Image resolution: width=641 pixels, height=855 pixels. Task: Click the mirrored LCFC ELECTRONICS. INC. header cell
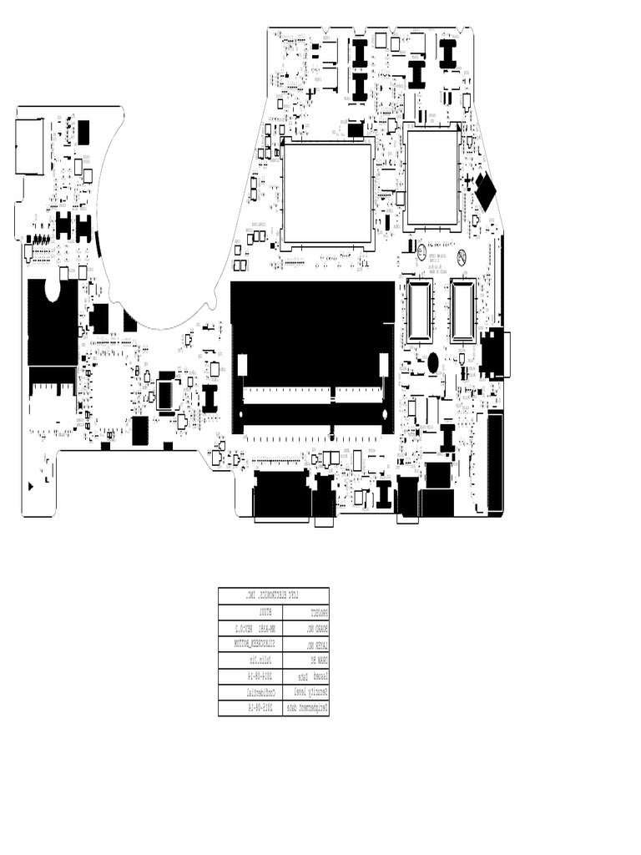[x=274, y=595]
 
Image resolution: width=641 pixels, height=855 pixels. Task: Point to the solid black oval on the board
[x=433, y=363]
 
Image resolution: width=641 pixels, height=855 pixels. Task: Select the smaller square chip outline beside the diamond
[x=432, y=177]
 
